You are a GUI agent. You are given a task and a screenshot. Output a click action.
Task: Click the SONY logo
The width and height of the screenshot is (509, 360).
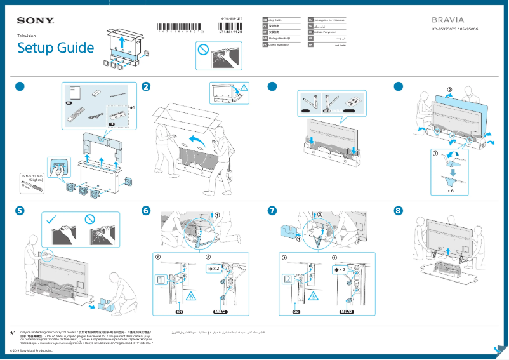(35, 21)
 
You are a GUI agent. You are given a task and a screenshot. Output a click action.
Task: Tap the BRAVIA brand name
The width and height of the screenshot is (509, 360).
(447, 20)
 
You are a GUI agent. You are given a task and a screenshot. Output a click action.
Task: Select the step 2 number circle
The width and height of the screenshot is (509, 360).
(147, 87)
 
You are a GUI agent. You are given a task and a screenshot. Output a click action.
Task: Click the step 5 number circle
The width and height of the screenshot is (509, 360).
(22, 210)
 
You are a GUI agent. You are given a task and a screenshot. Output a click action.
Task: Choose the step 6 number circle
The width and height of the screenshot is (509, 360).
(147, 210)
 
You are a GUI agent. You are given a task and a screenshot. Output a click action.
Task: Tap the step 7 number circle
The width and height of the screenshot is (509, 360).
(273, 210)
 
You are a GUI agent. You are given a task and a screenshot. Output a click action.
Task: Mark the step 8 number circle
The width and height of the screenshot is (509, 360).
(399, 210)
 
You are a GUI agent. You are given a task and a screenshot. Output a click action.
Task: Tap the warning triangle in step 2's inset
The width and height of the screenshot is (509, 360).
(245, 88)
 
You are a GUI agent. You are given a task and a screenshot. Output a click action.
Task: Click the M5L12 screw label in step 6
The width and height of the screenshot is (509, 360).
(222, 312)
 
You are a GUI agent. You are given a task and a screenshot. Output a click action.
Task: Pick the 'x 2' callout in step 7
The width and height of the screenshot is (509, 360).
(341, 270)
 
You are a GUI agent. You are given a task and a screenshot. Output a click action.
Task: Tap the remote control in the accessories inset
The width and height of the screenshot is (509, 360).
(76, 117)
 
